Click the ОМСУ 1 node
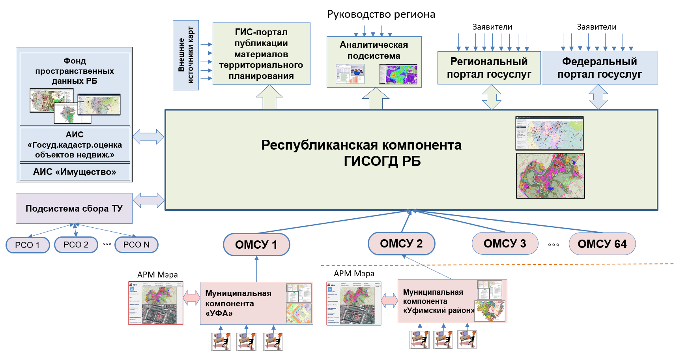coord(256,244)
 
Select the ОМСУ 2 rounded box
coord(401,244)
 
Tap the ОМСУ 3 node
coord(505,244)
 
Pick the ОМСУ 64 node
coord(602,244)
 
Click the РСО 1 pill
coord(27,245)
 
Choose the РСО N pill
coord(136,245)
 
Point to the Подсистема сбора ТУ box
coord(74,208)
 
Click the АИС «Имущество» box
coord(75,172)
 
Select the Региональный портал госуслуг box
coord(489,67)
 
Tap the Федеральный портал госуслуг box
coord(599,67)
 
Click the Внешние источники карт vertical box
coord(185,55)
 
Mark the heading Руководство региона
coord(381,15)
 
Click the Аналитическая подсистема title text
coord(374,50)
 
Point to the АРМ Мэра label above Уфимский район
coord(354,274)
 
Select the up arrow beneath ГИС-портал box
coord(269,97)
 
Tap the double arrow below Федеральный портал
coord(598,97)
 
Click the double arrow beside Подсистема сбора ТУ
coord(149,200)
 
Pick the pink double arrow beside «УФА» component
coord(192,298)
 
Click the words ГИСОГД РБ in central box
coord(382,161)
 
